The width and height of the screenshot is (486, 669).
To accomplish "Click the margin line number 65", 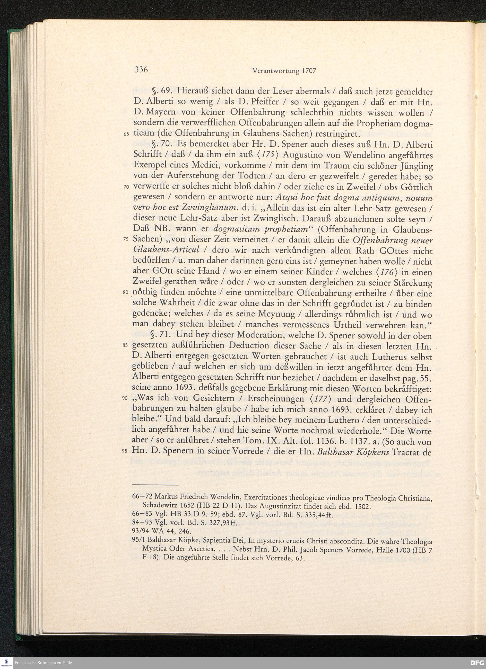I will [x=126, y=134].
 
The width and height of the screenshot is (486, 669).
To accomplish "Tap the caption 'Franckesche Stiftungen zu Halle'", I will [x=43, y=663].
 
